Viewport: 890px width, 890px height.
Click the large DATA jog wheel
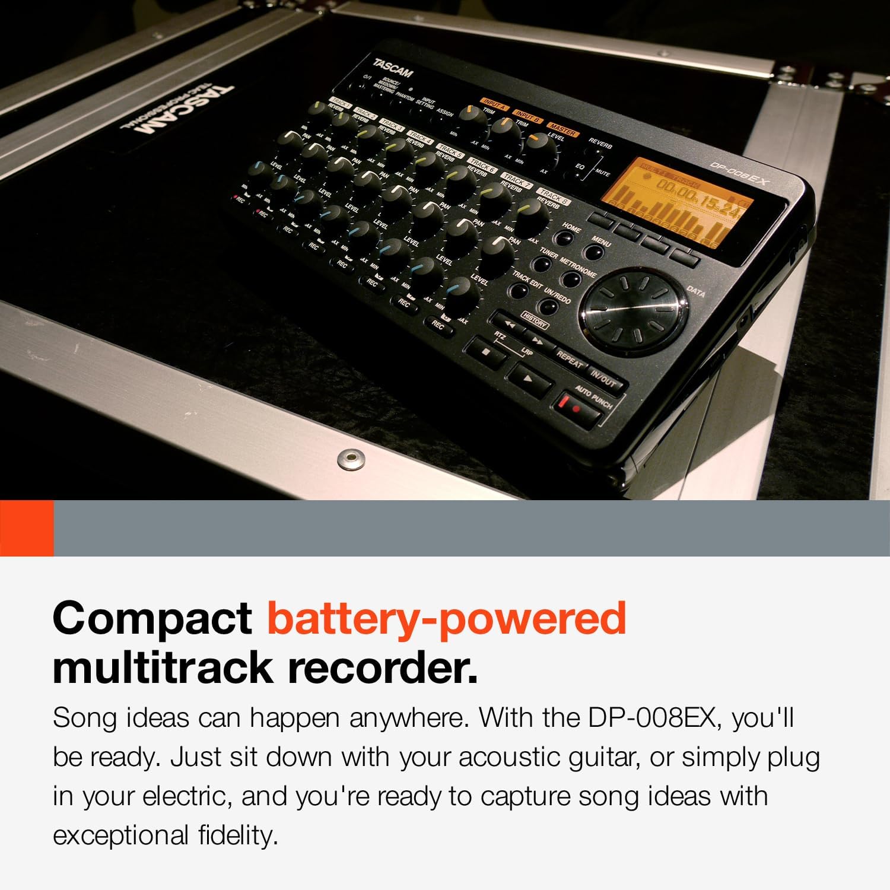pos(634,311)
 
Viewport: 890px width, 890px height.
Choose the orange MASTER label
pos(562,129)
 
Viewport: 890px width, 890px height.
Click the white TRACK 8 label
pos(554,196)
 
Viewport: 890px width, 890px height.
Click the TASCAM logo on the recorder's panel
pos(392,67)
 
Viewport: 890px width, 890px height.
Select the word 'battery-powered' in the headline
pos(446,618)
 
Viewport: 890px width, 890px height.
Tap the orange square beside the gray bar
pos(27,528)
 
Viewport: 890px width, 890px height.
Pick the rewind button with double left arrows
pos(509,324)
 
